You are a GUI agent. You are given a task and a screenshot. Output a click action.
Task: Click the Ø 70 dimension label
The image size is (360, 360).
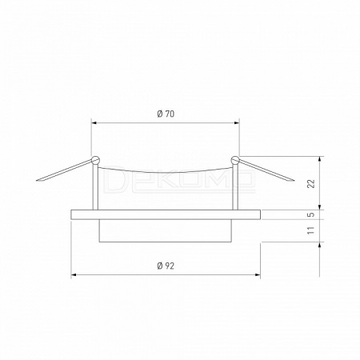point(166,114)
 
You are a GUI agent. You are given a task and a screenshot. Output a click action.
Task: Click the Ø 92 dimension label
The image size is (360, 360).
point(166,266)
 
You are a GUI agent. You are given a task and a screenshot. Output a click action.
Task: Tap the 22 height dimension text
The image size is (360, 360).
point(311,184)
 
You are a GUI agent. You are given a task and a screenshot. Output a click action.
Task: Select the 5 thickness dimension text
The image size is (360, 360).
point(311,214)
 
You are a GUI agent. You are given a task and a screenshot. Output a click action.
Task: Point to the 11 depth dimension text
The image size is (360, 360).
point(311,230)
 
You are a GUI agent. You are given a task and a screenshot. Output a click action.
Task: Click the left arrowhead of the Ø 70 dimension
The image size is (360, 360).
point(94,123)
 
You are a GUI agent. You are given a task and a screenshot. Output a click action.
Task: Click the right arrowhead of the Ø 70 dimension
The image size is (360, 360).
point(237,123)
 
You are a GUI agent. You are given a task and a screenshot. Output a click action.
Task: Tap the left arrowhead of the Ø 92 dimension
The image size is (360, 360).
point(74,274)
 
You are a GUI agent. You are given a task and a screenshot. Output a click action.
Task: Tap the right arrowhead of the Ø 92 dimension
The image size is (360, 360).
point(258,274)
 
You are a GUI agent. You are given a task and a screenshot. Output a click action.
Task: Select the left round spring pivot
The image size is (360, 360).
point(95,160)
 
